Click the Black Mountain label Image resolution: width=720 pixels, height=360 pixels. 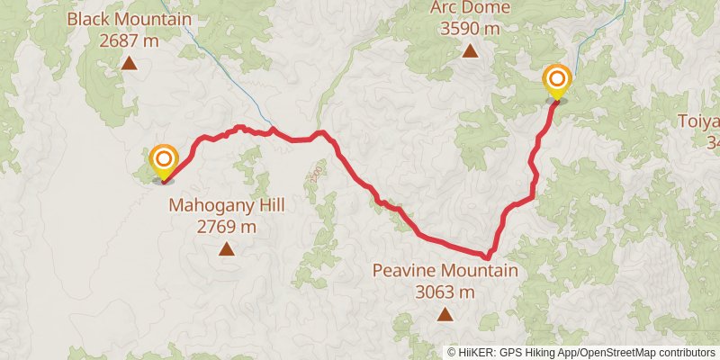pos(130,19)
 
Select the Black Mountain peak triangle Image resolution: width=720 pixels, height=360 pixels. pos(130,63)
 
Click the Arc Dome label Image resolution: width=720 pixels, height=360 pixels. pos(470,8)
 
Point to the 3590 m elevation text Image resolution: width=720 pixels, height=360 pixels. pos(470,28)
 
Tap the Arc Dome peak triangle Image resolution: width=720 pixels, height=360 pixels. pos(470,51)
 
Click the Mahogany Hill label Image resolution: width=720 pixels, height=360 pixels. pos(226,206)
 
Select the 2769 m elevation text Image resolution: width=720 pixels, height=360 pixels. pos(226,226)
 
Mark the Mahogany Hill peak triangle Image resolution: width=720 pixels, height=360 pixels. pos(226,249)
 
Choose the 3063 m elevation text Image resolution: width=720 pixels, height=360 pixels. pos(445,291)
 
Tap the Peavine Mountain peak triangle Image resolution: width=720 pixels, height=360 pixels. pos(445,314)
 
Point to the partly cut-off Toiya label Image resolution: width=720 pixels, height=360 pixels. pos(700,122)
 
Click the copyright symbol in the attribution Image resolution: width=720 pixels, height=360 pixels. pos(453,352)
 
